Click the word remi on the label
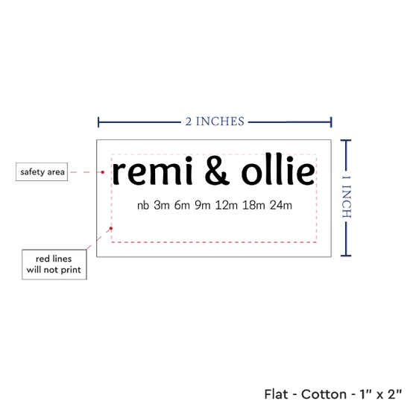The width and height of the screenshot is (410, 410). point(153,171)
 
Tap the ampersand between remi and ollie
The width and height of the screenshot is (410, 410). point(217,171)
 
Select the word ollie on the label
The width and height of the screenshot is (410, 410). point(278,169)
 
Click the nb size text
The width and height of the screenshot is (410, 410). point(143,206)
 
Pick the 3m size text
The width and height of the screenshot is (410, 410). point(162,205)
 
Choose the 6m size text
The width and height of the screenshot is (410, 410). point(182,205)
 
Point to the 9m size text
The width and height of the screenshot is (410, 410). point(203,205)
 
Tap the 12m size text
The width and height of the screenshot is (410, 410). point(227,205)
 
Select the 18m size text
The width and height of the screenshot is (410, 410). point(253,205)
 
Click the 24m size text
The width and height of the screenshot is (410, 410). point(281,205)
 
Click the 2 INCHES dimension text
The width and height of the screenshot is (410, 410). point(215,122)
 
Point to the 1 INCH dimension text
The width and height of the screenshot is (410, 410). point(347,197)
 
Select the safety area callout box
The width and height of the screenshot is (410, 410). point(42,171)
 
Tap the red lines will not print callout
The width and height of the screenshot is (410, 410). point(54,265)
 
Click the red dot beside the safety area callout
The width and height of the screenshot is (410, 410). point(103,172)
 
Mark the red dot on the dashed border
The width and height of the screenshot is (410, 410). point(111,228)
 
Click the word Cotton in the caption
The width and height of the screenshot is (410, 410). point(324,394)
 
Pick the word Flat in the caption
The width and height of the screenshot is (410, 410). point(276,394)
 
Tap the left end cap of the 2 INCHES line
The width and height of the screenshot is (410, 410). point(98,122)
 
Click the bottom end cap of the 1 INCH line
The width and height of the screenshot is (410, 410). point(346,256)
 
